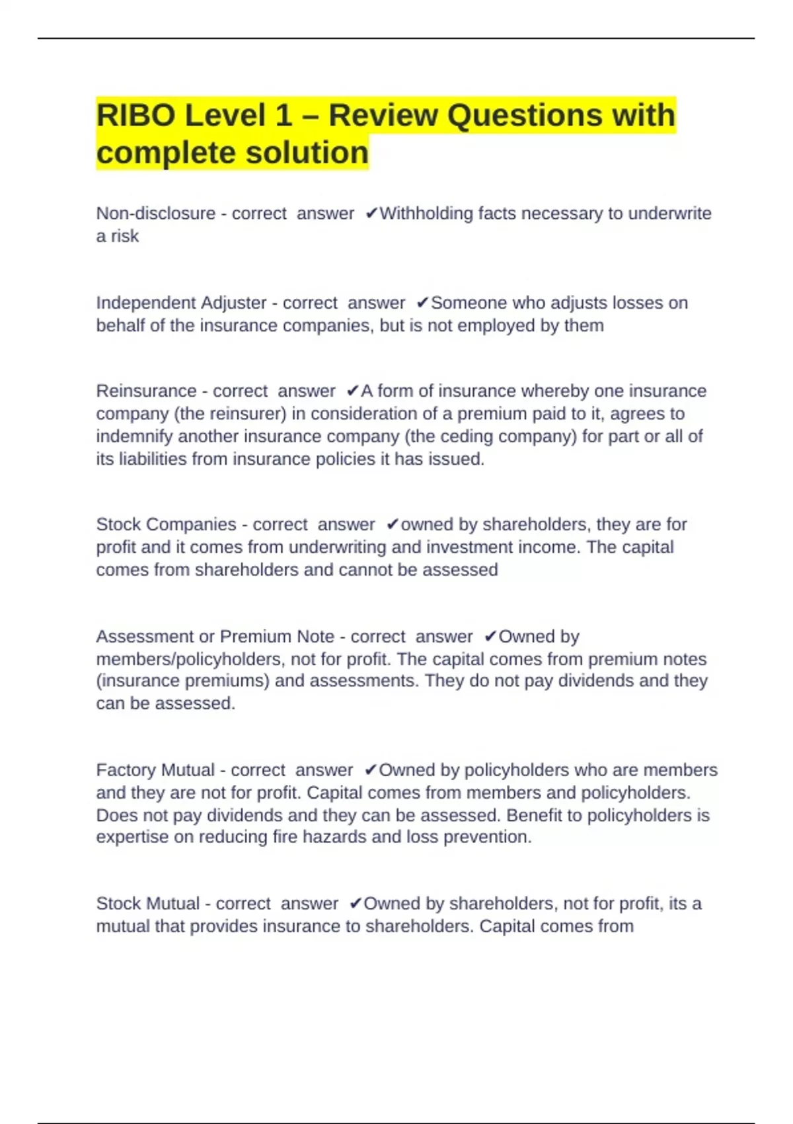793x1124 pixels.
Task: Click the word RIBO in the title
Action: coord(135,116)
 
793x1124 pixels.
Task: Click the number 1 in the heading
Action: coord(283,116)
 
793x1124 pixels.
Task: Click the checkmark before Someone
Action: coord(423,303)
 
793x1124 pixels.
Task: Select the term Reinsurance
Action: coord(146,391)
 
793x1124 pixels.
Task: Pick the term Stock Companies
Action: coord(166,524)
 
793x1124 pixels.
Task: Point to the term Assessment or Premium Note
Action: coord(215,637)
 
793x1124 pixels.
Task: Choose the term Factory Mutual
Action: coord(155,770)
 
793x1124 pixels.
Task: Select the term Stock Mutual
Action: coord(148,904)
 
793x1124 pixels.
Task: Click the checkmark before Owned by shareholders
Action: coord(356,904)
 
